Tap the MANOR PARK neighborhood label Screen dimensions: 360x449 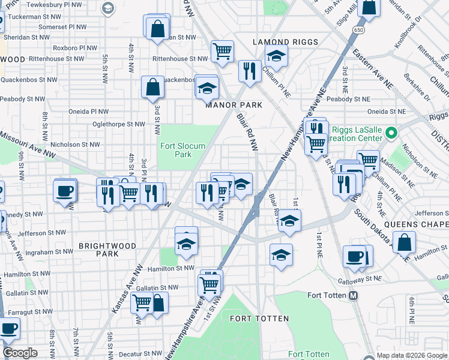234,105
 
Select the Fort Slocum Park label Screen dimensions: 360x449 182,150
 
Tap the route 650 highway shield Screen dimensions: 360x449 359,29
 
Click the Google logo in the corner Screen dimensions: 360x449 20,353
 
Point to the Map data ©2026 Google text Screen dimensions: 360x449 411,355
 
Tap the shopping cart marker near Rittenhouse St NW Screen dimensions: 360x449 222,51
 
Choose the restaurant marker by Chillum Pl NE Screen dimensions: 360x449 248,70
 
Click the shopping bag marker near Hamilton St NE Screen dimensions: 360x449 405,243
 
